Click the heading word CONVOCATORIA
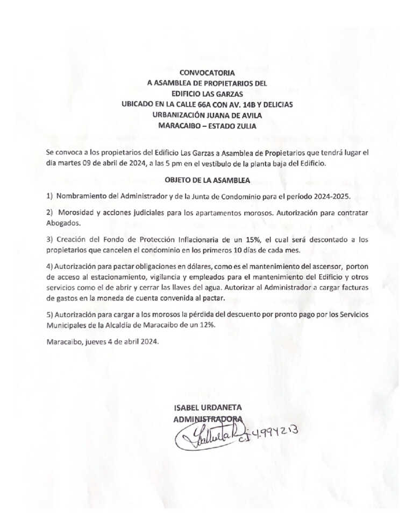[206, 71]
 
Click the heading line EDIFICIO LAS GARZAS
[207, 94]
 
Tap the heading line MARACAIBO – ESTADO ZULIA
[207, 127]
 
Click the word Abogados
[62, 222]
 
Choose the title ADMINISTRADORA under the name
[207, 418]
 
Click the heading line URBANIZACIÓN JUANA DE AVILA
[207, 115]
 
